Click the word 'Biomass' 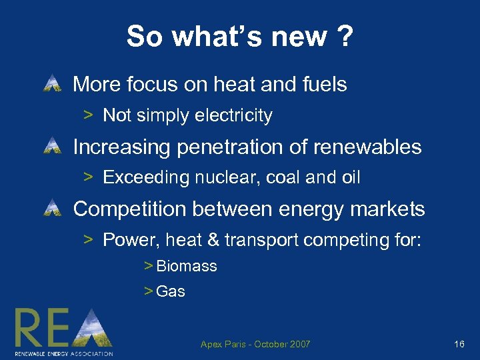click(187, 267)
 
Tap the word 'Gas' click(171, 291)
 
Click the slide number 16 click(459, 344)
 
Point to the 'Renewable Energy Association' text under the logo click(64, 353)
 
